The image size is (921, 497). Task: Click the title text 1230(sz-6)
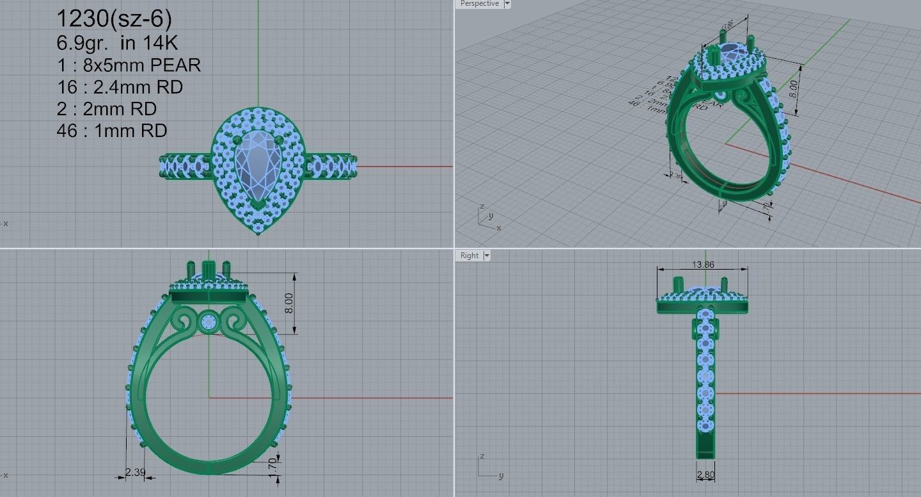[114, 19]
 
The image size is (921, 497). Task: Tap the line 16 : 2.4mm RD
[120, 86]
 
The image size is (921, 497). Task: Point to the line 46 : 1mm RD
[112, 131]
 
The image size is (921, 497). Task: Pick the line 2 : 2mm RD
[107, 108]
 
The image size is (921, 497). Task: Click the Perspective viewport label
[479, 4]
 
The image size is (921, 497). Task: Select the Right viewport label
[469, 256]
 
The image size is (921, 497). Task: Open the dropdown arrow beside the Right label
[487, 256]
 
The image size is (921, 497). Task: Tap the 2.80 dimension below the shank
[706, 475]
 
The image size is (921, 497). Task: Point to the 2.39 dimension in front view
[135, 472]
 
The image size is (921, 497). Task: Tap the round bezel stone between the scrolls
[209, 322]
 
